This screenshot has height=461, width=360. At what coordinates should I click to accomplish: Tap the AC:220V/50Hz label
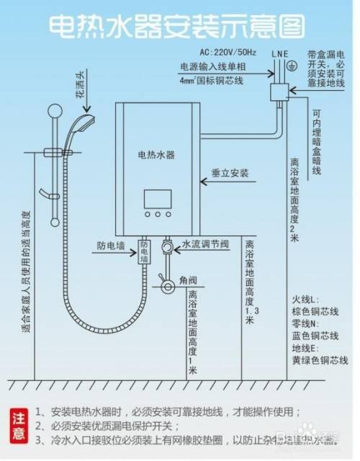[x=227, y=53]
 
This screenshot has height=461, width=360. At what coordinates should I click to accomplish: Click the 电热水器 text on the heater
[x=157, y=154]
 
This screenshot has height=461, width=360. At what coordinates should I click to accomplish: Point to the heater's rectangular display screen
[x=158, y=198]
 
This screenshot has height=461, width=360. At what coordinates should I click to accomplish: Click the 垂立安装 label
[x=230, y=173]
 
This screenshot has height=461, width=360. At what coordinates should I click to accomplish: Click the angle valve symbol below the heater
[x=168, y=286]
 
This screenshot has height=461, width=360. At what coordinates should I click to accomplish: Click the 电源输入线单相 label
[x=213, y=67]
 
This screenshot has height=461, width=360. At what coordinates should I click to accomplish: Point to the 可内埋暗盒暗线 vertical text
[x=317, y=144]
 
